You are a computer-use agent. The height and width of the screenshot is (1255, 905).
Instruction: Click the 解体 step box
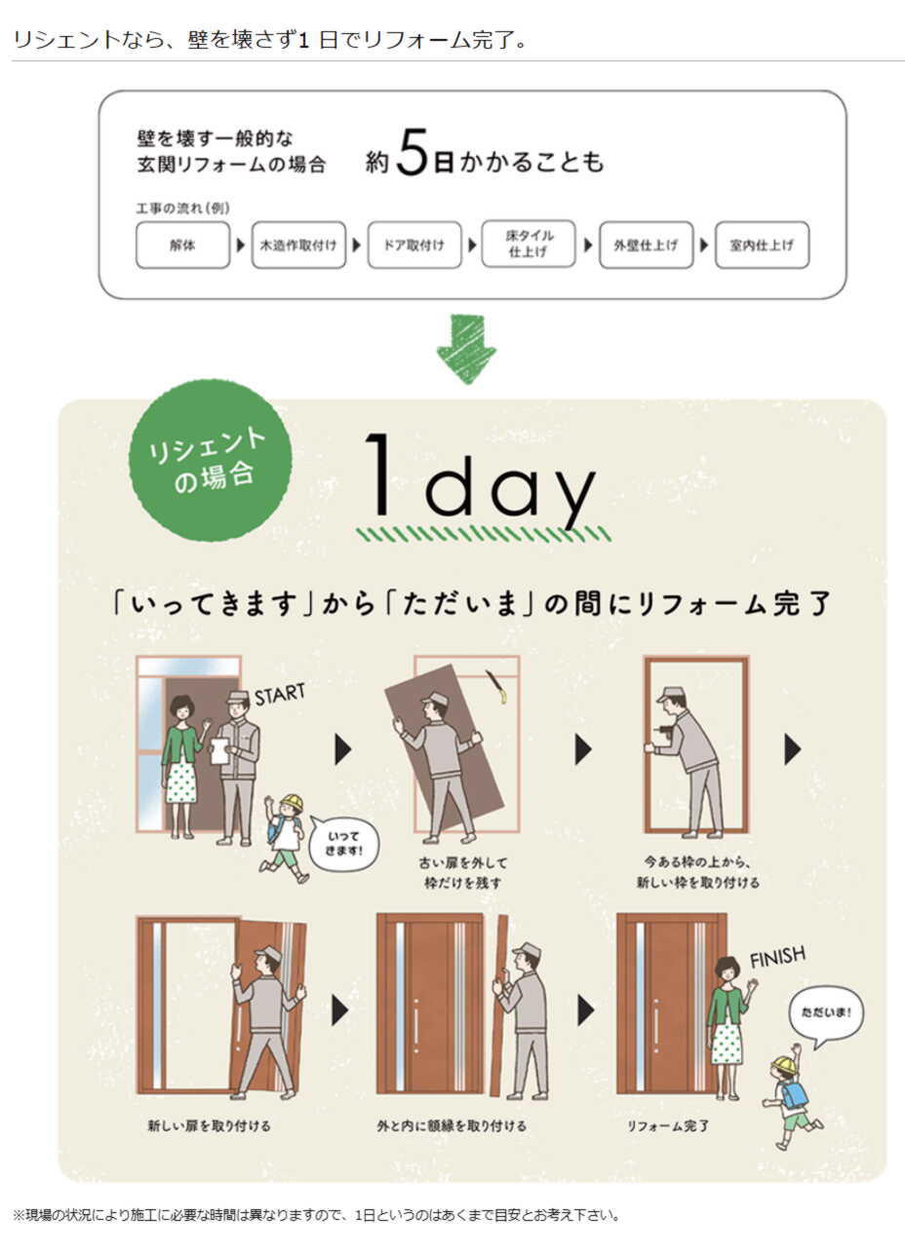tap(182, 245)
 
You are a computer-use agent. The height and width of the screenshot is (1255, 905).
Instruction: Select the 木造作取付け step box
tap(298, 245)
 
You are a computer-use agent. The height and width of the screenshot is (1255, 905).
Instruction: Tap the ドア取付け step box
tap(414, 245)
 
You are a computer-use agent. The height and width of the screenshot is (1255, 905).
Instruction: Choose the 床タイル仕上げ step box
tap(529, 244)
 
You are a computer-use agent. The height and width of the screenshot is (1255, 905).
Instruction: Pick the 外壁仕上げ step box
tap(647, 245)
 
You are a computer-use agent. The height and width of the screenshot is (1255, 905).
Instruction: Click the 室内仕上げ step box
tap(762, 245)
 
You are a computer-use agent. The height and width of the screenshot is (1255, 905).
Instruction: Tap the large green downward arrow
tap(466, 350)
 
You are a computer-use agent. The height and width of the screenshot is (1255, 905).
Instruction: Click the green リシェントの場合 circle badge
tap(211, 461)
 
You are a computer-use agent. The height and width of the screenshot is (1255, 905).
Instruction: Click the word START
tap(280, 694)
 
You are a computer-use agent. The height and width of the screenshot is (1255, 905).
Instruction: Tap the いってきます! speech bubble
tap(343, 843)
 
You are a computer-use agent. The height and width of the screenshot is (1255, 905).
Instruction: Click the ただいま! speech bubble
tap(827, 1014)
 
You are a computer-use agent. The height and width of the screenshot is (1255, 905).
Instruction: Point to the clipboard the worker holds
tap(219, 751)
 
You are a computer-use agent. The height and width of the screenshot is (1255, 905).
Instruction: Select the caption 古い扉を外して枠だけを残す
tap(462, 872)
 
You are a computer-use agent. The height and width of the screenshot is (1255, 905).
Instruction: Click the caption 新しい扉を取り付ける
tap(209, 1125)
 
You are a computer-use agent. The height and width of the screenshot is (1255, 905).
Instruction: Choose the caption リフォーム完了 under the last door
tap(668, 1125)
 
